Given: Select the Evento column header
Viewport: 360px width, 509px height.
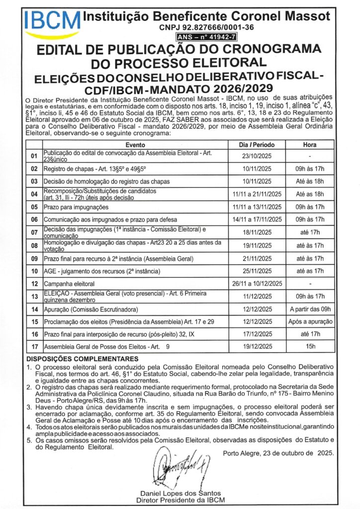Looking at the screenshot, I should pyautogui.click(x=135, y=144).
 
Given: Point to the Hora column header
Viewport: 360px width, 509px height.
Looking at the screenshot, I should pyautogui.click(x=310, y=144).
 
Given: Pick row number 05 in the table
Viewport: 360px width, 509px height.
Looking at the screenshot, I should pyautogui.click(x=34, y=207).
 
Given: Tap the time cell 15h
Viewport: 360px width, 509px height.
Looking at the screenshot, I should pyautogui.click(x=310, y=346).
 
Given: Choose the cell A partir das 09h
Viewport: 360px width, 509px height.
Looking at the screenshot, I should pyautogui.click(x=310, y=309).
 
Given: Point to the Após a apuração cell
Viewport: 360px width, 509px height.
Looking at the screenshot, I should pyautogui.click(x=310, y=322).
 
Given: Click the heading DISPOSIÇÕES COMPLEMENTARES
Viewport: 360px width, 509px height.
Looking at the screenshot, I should pyautogui.click(x=83, y=359).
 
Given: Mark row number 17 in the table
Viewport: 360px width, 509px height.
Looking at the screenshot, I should pyautogui.click(x=34, y=346).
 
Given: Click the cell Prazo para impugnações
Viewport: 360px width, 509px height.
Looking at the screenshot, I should pyautogui.click(x=76, y=207).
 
